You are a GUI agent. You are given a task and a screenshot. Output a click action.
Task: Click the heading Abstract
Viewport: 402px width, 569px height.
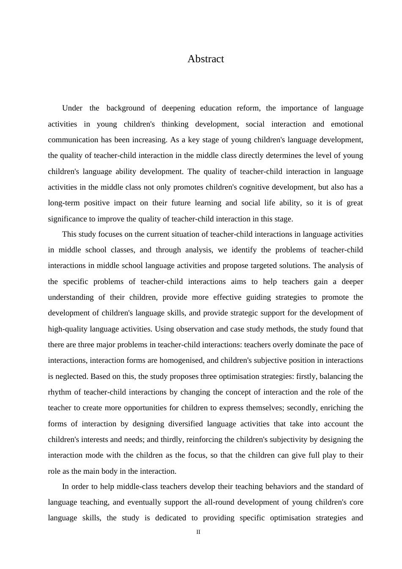tap(206, 59)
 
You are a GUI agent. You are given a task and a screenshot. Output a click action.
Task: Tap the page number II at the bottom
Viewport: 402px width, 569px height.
tap(198, 532)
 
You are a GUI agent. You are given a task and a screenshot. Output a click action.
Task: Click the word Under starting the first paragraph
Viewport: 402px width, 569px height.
tap(72, 108)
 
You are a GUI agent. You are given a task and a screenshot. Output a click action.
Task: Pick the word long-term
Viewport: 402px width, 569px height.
tap(64, 203)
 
